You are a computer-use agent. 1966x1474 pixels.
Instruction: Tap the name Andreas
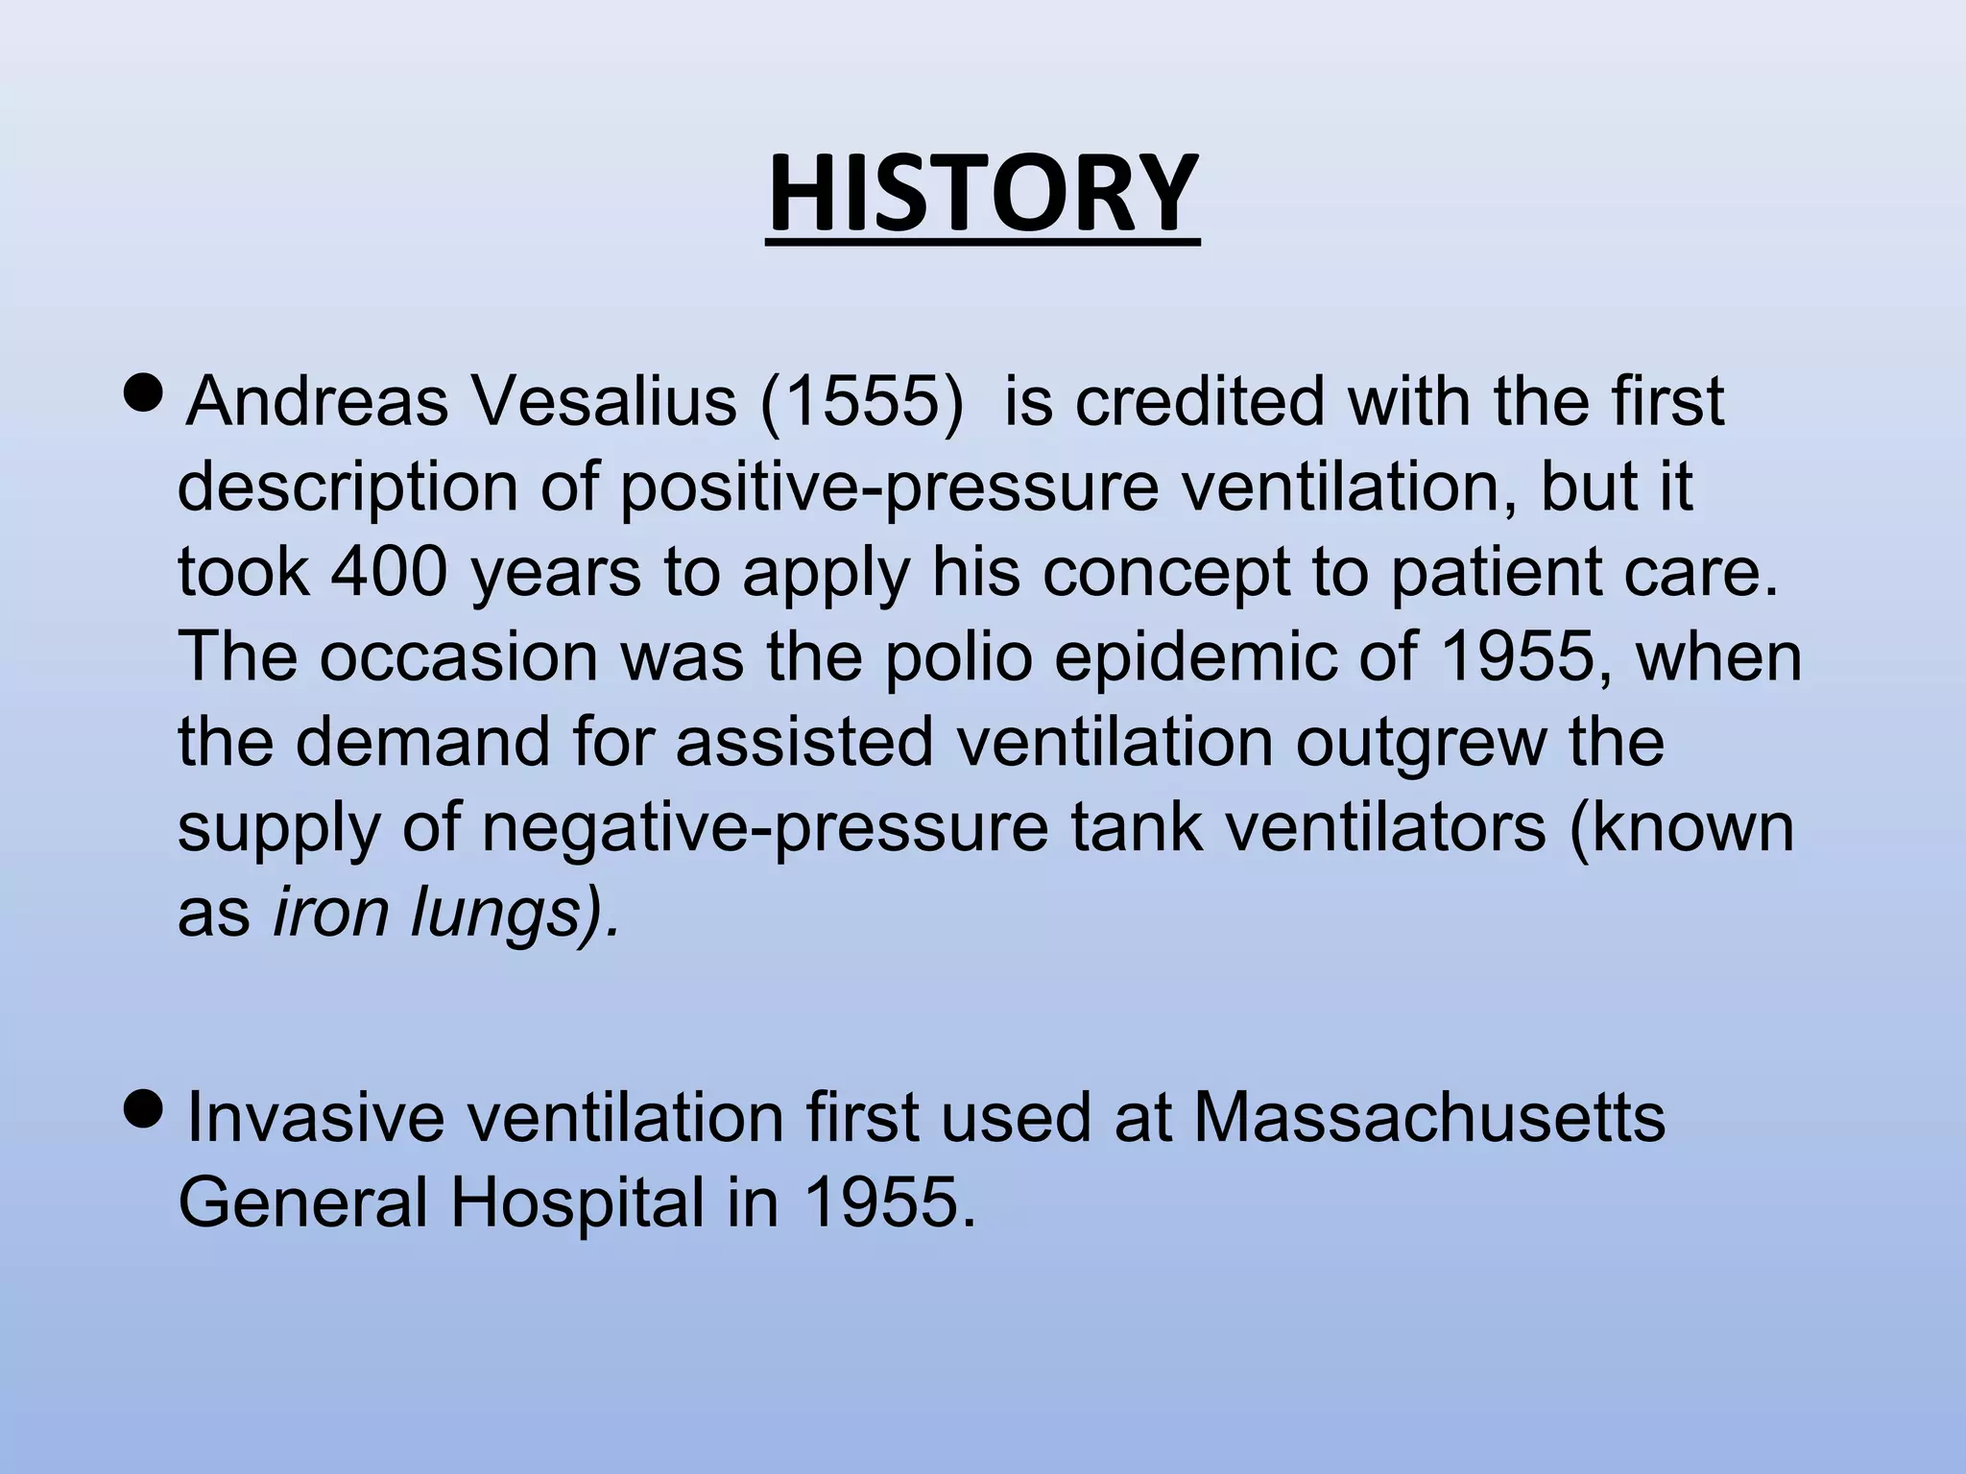[317, 401]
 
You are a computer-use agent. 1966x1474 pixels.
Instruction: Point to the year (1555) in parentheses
[859, 401]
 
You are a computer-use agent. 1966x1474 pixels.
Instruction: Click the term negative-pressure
[764, 828]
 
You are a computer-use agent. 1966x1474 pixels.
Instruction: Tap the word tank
[1136, 826]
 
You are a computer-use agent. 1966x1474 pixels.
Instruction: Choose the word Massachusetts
[1428, 1118]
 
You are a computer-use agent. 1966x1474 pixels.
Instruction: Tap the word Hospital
[577, 1203]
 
